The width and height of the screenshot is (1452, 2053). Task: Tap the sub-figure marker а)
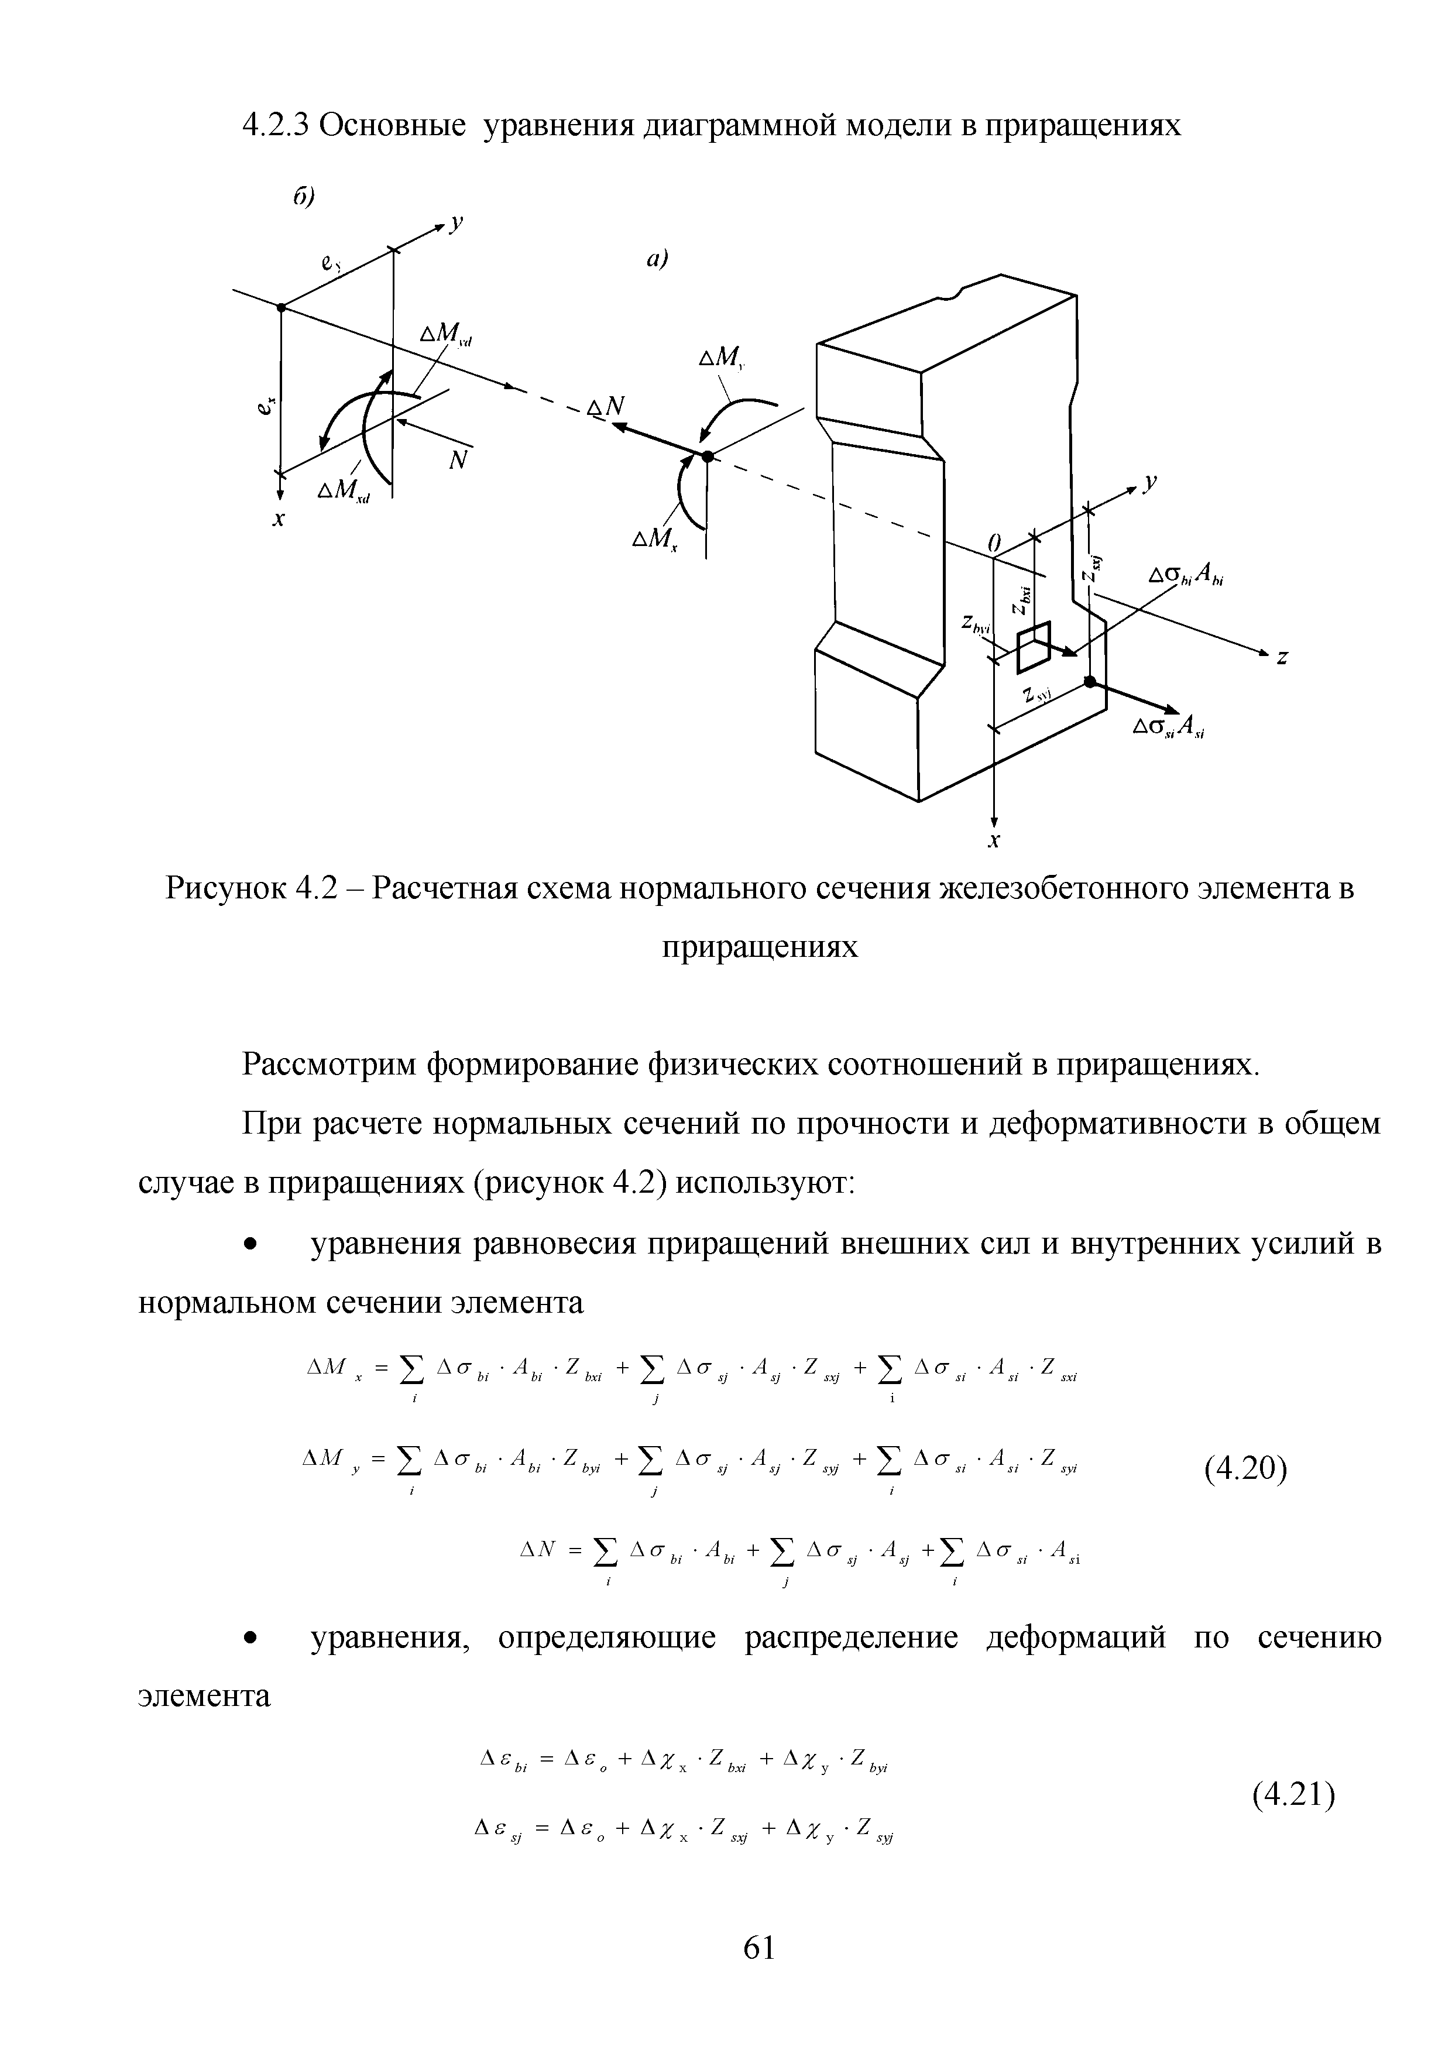tap(657, 259)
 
